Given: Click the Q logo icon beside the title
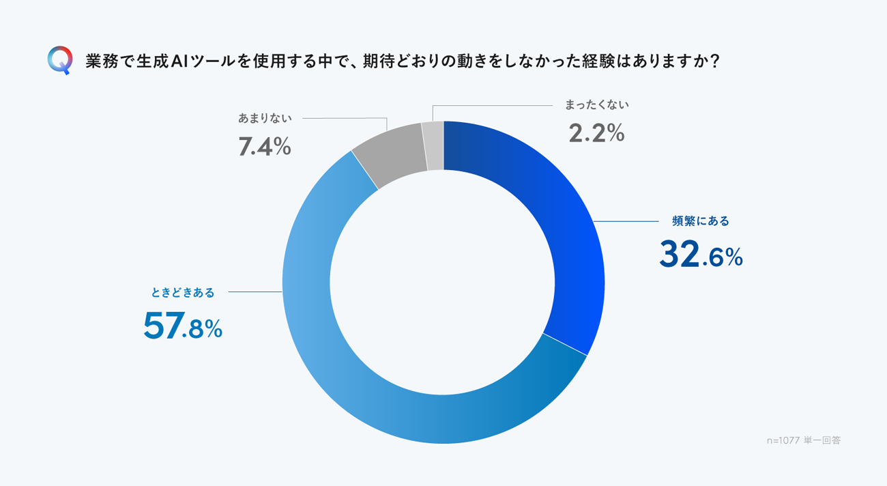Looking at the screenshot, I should click(x=60, y=60).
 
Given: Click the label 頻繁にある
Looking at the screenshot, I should click(x=701, y=221).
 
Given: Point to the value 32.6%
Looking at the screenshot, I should click(x=701, y=255).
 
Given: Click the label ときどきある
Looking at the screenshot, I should click(x=183, y=293).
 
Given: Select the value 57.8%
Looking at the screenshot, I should click(x=183, y=326).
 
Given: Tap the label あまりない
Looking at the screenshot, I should click(x=265, y=118).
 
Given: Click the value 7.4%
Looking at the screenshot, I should click(x=265, y=146).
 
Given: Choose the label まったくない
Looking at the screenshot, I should click(x=596, y=105).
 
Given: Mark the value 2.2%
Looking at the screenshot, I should click(x=596, y=134).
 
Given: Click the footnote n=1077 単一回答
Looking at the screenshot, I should click(x=804, y=441).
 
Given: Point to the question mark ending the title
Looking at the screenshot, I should click(x=714, y=61).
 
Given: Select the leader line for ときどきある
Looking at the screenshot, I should click(x=255, y=292).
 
